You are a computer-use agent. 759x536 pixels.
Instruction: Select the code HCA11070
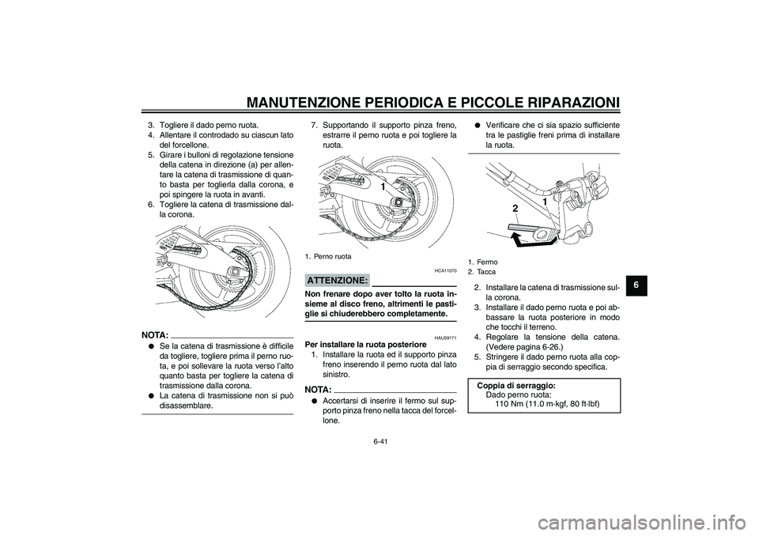[444, 270]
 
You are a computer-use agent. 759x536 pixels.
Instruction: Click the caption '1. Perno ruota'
[327, 256]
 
